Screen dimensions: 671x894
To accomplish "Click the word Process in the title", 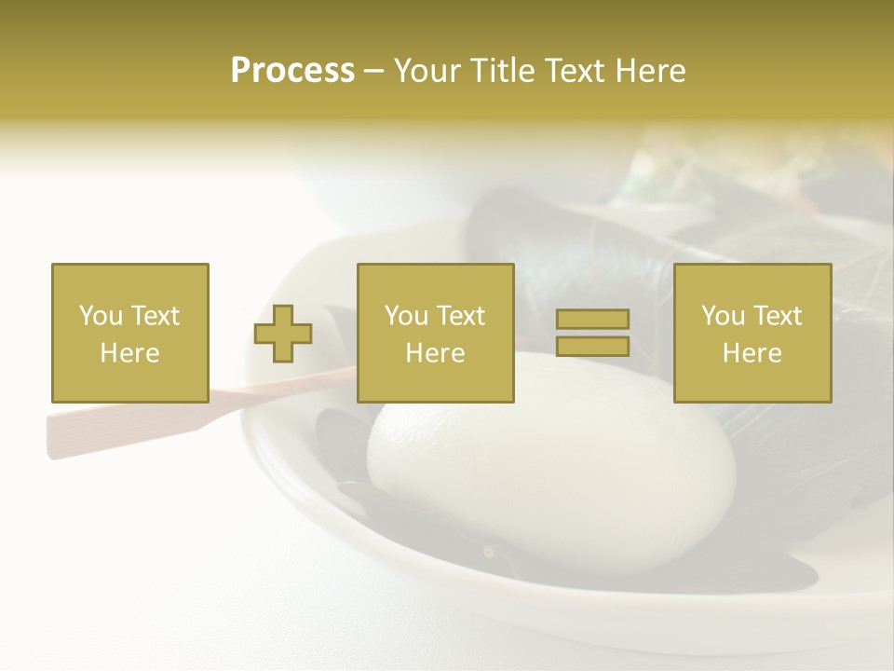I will pyautogui.click(x=292, y=71).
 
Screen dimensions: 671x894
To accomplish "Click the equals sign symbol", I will pyautogui.click(x=592, y=333).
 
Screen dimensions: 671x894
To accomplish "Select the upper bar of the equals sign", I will pyautogui.click(x=592, y=320).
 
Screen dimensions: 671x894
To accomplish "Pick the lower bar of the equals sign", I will pyautogui.click(x=592, y=346).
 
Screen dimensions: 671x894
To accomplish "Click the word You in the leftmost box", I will pyautogui.click(x=101, y=316).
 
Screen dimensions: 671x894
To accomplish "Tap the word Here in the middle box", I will pyautogui.click(x=436, y=353).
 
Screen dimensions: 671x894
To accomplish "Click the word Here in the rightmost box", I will pyautogui.click(x=752, y=353).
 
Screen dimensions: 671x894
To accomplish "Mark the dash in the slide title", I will pyautogui.click(x=373, y=72).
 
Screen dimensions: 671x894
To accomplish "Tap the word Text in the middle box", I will pyautogui.click(x=462, y=316).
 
